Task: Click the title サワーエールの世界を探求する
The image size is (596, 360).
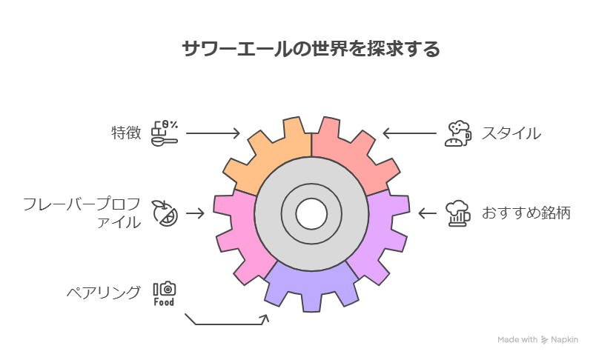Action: click(311, 50)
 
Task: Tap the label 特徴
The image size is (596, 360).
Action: click(125, 133)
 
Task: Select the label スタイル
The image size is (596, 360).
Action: click(511, 133)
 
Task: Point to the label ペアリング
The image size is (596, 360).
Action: click(102, 293)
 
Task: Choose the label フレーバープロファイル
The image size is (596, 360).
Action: click(82, 213)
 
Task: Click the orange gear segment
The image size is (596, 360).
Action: click(278, 152)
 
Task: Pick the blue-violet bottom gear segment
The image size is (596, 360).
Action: click(311, 285)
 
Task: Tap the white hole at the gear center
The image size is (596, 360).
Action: click(311, 214)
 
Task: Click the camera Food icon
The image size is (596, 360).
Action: click(165, 293)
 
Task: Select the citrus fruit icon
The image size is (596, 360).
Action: click(164, 213)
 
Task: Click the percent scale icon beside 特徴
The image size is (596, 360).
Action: click(165, 133)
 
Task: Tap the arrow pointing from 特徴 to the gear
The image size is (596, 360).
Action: click(213, 133)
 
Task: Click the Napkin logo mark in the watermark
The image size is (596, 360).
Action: click(545, 340)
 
